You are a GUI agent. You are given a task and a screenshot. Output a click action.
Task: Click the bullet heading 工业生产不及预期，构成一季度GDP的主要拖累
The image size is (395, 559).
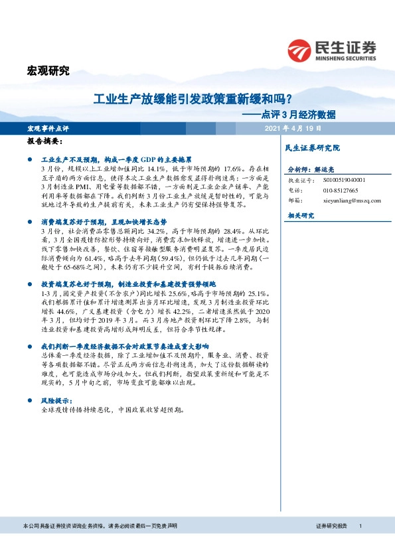click(116, 160)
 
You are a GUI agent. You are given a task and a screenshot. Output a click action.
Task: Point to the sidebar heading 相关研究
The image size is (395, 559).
click(301, 215)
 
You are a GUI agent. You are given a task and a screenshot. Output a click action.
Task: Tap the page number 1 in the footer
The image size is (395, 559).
click(360, 526)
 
